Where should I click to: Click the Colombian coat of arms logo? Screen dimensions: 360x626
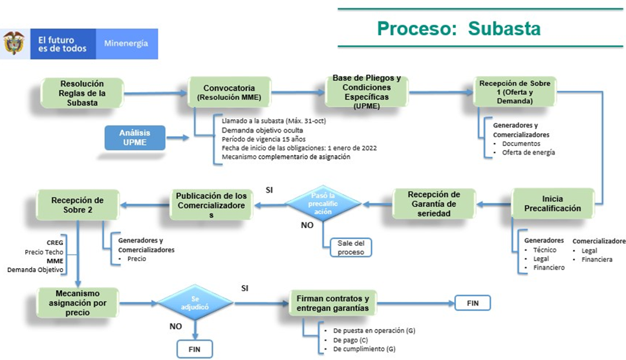click(x=14, y=43)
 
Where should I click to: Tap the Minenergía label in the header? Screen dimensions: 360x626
click(x=126, y=43)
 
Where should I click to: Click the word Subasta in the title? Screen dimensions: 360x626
click(x=505, y=28)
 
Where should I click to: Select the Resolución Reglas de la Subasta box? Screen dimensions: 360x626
click(x=82, y=93)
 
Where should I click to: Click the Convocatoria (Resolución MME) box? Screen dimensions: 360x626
click(x=229, y=92)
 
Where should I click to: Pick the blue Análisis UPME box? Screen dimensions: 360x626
click(x=135, y=138)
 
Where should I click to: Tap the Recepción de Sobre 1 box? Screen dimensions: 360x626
click(x=515, y=92)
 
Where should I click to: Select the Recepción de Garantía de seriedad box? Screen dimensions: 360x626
click(x=434, y=204)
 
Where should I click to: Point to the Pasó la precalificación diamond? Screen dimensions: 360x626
click(x=324, y=204)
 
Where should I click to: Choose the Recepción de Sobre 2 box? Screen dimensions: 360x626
click(x=78, y=204)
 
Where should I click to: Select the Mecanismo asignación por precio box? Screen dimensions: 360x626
click(x=78, y=302)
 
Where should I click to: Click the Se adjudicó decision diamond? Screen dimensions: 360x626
click(x=195, y=302)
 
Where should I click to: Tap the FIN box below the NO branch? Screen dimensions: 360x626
click(x=195, y=349)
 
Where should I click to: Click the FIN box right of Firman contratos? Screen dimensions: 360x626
click(x=473, y=302)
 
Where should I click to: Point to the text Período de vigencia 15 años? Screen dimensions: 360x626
click(x=264, y=139)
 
